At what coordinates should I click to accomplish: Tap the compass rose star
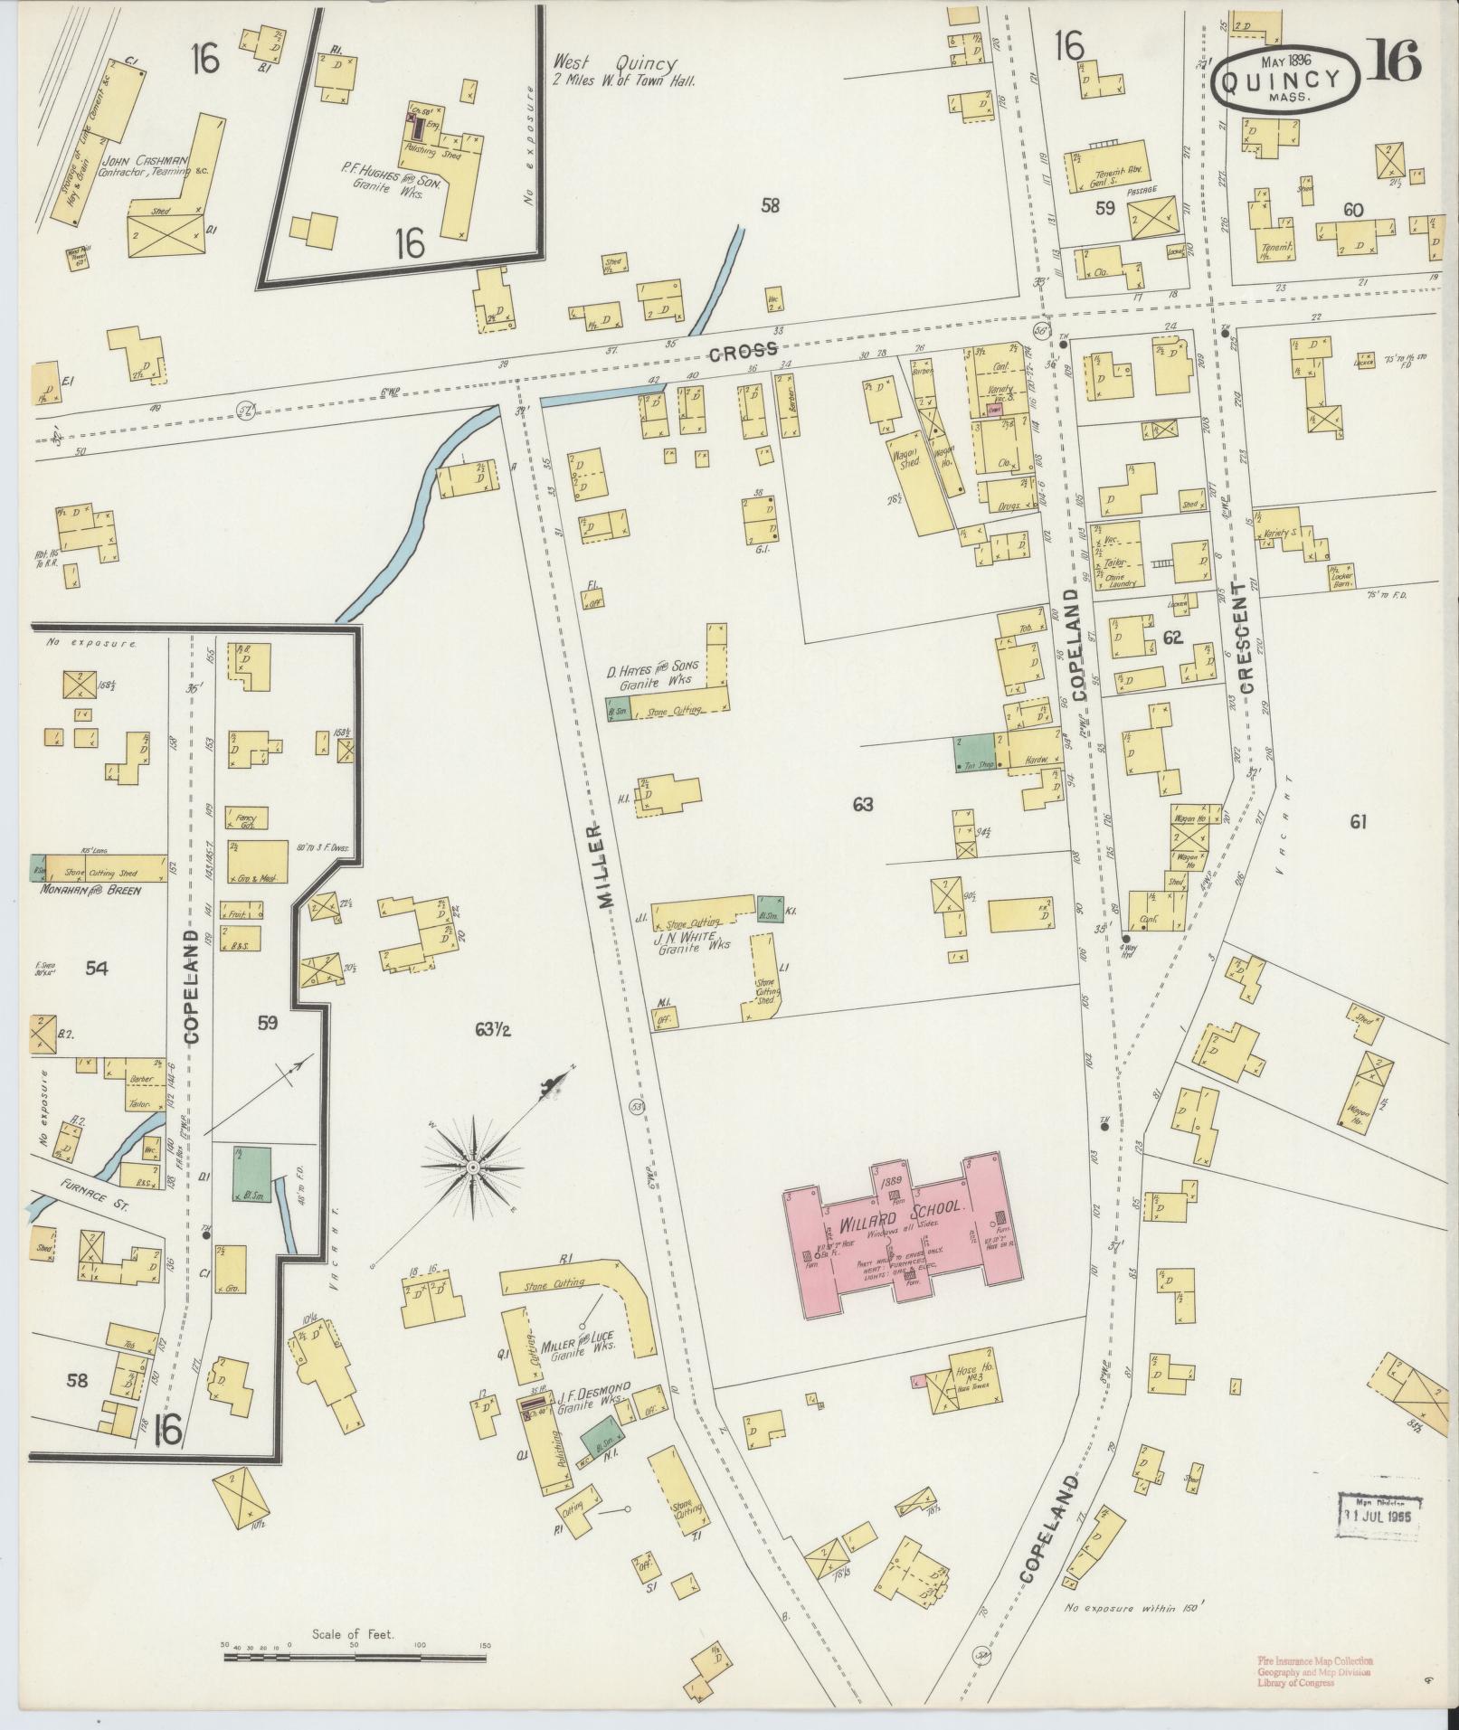pos(472,1168)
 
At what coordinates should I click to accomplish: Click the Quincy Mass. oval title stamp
pos(1285,79)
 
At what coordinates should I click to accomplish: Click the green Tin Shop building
pos(974,752)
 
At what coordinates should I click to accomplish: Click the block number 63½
pos(492,1029)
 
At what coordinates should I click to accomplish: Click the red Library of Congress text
pos(1313,1684)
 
